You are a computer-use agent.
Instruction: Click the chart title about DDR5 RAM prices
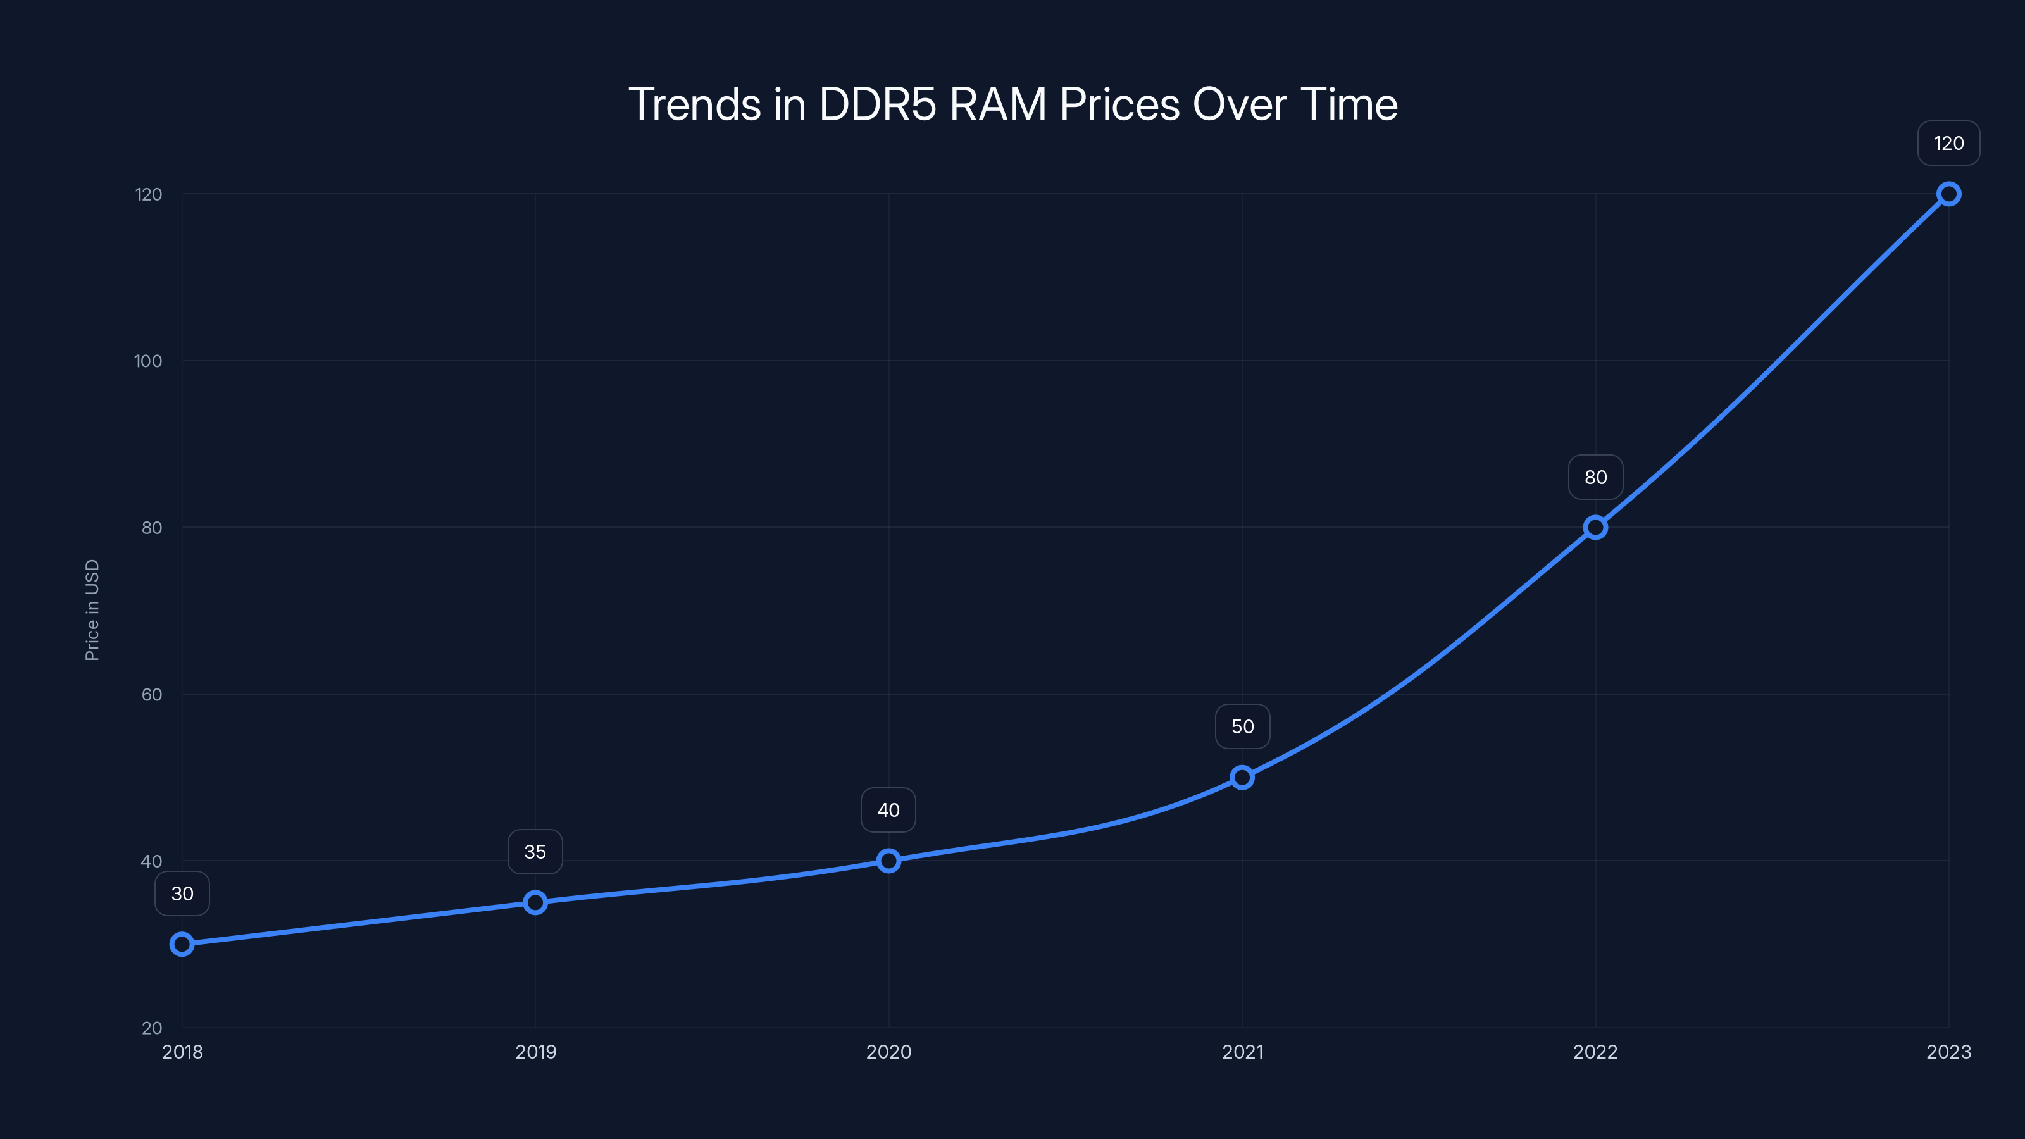(x=1012, y=104)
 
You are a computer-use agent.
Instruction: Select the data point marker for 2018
(x=182, y=944)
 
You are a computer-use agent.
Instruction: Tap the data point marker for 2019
(x=535, y=902)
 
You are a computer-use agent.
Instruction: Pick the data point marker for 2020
(x=888, y=861)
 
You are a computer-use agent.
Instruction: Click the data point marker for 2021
(x=1242, y=778)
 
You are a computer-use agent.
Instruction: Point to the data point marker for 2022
(x=1595, y=528)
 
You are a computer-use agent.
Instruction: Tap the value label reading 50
(x=1242, y=727)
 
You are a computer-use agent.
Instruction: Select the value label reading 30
(x=182, y=893)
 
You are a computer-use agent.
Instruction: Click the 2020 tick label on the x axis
(x=888, y=1052)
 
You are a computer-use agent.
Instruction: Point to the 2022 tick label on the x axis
(x=1595, y=1052)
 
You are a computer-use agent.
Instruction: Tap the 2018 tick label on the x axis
(x=182, y=1052)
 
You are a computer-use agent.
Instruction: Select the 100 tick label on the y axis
(x=148, y=361)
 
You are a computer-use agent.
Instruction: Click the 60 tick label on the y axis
(x=152, y=695)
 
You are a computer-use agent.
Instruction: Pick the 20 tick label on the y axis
(x=152, y=1028)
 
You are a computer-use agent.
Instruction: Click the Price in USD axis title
(x=92, y=610)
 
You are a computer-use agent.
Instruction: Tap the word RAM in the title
(x=997, y=104)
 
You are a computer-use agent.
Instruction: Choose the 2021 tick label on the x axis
(x=1242, y=1052)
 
